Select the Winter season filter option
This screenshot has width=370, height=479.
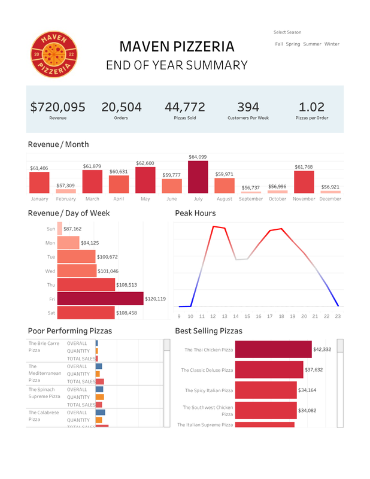pyautogui.click(x=332, y=44)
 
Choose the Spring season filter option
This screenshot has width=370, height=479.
pyautogui.click(x=293, y=44)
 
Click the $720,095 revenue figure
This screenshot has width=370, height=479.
pyautogui.click(x=57, y=107)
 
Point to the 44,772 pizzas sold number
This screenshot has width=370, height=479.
pyautogui.click(x=184, y=107)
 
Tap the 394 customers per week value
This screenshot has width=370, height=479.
pyautogui.click(x=248, y=107)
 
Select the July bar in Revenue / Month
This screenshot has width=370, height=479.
pyautogui.click(x=198, y=177)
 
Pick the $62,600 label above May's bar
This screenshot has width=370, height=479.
pyautogui.click(x=145, y=163)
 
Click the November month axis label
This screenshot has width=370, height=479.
pyautogui.click(x=304, y=199)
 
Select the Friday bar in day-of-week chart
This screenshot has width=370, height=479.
pyautogui.click(x=100, y=298)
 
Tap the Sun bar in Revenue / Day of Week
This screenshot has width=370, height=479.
pyautogui.click(x=59, y=229)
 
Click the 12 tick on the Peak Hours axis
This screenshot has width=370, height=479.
pyautogui.click(x=213, y=316)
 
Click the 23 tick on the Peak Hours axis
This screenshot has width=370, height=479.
pyautogui.click(x=338, y=316)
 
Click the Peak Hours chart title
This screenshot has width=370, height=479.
pyautogui.click(x=195, y=213)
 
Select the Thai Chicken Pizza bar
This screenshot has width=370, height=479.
pyautogui.click(x=273, y=350)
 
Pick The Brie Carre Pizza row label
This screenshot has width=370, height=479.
pyautogui.click(x=44, y=347)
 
